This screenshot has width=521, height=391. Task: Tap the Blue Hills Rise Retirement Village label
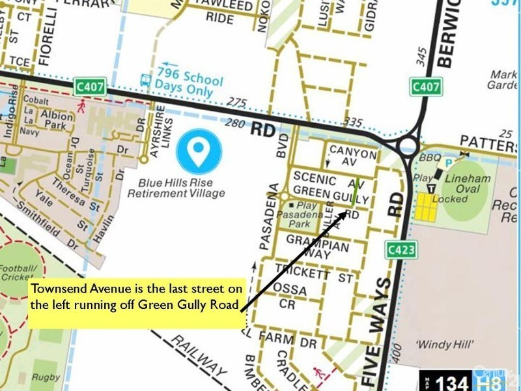[x=176, y=188]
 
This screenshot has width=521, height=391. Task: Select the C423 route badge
[x=400, y=250]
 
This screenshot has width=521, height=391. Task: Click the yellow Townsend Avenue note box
[x=135, y=297]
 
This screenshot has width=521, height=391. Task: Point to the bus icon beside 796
[x=145, y=80]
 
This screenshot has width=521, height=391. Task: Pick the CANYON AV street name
[x=352, y=154]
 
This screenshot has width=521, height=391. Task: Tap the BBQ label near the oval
[x=430, y=158]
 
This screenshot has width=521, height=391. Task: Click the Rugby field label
[x=46, y=377]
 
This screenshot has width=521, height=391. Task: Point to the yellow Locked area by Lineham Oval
[x=425, y=207]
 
